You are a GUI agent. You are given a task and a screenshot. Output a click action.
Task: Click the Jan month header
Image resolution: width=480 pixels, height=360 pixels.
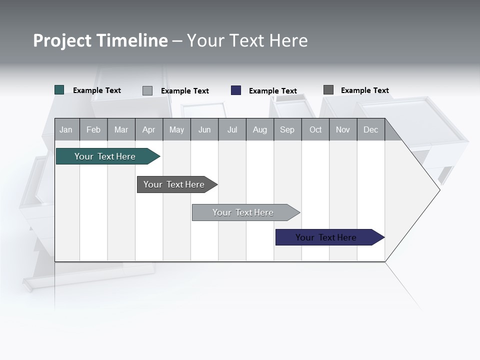66,129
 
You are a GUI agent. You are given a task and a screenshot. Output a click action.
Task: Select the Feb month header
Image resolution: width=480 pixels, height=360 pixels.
93,129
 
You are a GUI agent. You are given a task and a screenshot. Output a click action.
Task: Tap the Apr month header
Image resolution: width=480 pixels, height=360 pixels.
148,129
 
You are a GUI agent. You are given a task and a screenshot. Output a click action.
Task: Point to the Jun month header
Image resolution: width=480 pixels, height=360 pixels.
204,129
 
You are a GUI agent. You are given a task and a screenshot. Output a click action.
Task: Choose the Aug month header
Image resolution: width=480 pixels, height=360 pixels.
259,129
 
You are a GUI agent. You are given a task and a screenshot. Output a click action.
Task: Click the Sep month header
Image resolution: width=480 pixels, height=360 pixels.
287,129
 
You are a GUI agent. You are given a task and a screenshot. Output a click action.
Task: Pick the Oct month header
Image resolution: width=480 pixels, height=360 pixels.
315,129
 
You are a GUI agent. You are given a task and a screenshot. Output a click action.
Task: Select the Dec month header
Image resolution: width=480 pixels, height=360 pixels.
370,129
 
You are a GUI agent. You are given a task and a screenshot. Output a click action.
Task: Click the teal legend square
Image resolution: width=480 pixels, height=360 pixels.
59,90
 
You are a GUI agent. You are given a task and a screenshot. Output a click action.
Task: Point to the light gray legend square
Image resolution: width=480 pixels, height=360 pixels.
147,90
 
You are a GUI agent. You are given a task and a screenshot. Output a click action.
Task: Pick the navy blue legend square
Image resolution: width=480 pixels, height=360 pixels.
236,90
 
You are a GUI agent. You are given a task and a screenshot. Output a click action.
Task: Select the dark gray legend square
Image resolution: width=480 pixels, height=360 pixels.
328,90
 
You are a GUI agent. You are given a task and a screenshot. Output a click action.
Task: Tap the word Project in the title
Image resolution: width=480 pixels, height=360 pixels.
62,40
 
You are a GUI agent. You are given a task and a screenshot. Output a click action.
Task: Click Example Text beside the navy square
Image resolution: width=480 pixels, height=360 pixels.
273,91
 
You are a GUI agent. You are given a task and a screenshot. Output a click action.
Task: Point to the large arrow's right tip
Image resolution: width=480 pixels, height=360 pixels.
439,189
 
